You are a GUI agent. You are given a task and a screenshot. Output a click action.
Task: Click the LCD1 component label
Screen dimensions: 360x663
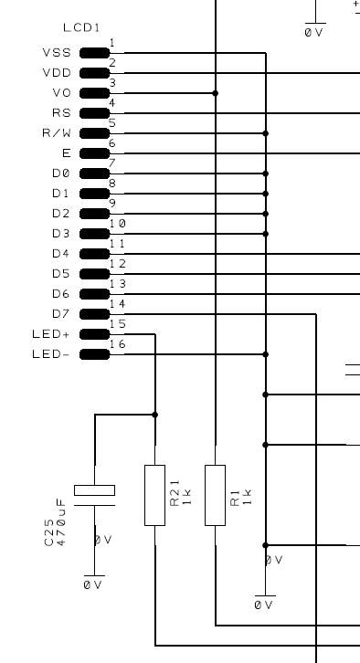(x=81, y=28)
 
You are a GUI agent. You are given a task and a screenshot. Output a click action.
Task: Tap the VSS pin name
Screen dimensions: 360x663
(x=57, y=53)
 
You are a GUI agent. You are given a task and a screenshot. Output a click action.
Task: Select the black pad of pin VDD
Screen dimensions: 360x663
(x=95, y=73)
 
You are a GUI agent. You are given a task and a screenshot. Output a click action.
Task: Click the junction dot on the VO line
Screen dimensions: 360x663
(x=216, y=93)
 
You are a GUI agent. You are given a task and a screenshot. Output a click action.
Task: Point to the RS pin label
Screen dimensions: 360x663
(x=61, y=113)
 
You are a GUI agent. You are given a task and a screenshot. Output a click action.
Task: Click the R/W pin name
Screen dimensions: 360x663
(x=57, y=133)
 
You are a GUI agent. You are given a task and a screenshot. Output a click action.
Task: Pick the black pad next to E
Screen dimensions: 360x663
(x=95, y=153)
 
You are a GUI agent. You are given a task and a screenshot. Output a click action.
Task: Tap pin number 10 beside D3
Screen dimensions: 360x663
(x=118, y=223)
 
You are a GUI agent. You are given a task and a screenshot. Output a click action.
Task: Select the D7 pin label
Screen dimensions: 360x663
(x=61, y=314)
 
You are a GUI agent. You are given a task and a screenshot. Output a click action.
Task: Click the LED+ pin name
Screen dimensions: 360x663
(x=51, y=334)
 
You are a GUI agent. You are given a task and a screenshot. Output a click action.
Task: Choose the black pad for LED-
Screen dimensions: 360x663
(x=95, y=354)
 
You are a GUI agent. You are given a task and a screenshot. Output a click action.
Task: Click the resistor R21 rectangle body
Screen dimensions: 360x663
(x=154, y=495)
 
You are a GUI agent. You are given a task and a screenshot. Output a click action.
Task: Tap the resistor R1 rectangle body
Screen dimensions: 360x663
(x=216, y=495)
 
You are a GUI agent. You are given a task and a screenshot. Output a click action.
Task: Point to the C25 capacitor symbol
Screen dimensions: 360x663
(x=94, y=495)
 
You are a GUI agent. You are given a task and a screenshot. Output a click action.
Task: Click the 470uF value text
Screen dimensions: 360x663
(x=61, y=522)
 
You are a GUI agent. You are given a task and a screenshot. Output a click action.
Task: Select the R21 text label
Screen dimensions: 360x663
(x=175, y=492)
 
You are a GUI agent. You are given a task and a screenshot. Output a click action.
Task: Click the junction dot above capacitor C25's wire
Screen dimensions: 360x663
(x=154, y=415)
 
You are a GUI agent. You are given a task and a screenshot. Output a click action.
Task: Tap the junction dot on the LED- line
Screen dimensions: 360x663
(x=266, y=354)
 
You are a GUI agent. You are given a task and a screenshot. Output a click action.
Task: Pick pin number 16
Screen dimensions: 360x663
(x=118, y=344)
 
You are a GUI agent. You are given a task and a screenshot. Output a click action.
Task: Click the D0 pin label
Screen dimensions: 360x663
(x=61, y=174)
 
